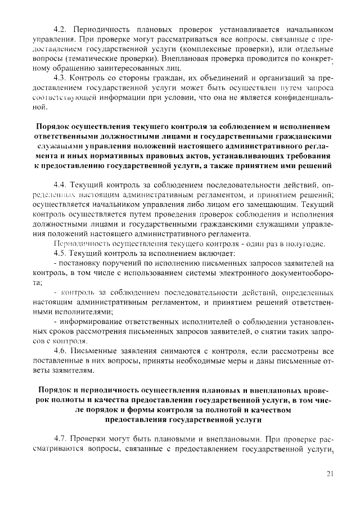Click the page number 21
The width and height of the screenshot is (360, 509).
click(x=330, y=474)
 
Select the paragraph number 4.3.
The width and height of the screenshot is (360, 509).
click(x=60, y=78)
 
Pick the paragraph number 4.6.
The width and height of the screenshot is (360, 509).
click(x=60, y=351)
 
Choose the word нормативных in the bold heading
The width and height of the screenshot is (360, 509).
click(x=113, y=156)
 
